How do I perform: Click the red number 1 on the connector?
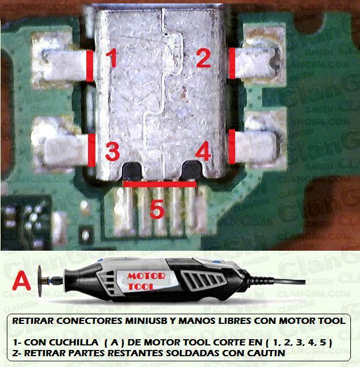[111, 58]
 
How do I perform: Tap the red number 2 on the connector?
[203, 58]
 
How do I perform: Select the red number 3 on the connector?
[112, 151]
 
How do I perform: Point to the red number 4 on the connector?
[203, 151]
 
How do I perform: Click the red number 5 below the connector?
[157, 209]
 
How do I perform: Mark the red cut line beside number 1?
[90, 66]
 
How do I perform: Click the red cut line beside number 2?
[232, 63]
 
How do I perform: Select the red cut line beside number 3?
[91, 150]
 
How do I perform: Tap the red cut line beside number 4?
[232, 146]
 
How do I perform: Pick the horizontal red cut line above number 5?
[160, 184]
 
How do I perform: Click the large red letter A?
[21, 280]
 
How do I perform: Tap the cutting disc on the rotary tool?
[40, 281]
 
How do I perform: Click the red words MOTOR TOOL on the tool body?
[146, 281]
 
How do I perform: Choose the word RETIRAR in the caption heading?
[33, 320]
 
